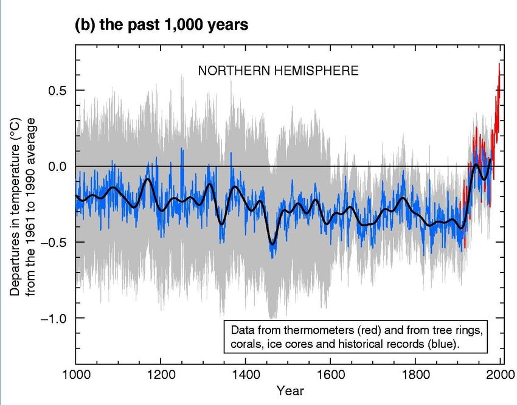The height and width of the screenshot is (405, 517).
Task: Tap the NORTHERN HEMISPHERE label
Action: pyautogui.click(x=278, y=71)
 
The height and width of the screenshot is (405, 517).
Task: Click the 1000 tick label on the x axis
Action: pyautogui.click(x=75, y=374)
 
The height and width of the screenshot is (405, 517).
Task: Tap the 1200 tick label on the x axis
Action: pyautogui.click(x=161, y=374)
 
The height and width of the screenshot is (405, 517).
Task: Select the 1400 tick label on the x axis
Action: pyautogui.click(x=245, y=374)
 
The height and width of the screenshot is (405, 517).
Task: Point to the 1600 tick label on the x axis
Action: pyautogui.click(x=330, y=374)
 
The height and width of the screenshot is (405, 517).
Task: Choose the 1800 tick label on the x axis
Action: pyautogui.click(x=415, y=374)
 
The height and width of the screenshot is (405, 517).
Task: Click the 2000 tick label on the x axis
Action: pyautogui.click(x=500, y=374)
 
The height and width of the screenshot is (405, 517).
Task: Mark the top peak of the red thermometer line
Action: pyautogui.click(x=499, y=63)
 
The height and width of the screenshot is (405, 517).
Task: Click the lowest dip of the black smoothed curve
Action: pyautogui.click(x=272, y=244)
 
